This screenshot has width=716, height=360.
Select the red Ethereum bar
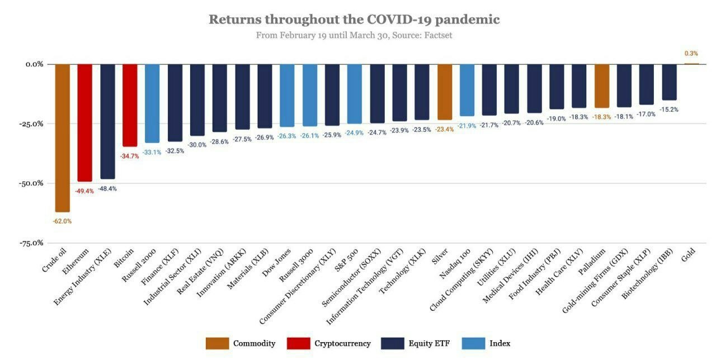click(x=85, y=122)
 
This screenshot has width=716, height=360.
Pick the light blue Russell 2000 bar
click(x=152, y=103)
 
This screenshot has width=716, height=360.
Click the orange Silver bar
click(x=445, y=92)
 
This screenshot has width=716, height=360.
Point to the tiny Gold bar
click(x=691, y=64)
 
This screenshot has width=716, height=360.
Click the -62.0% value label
click(x=62, y=221)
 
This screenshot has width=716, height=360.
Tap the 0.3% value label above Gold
click(x=691, y=54)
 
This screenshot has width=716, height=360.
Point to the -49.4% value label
click(x=85, y=191)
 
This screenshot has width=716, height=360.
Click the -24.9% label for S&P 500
click(x=355, y=133)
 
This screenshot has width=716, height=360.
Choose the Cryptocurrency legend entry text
click(x=342, y=343)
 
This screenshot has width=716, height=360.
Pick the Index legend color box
click(x=473, y=343)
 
